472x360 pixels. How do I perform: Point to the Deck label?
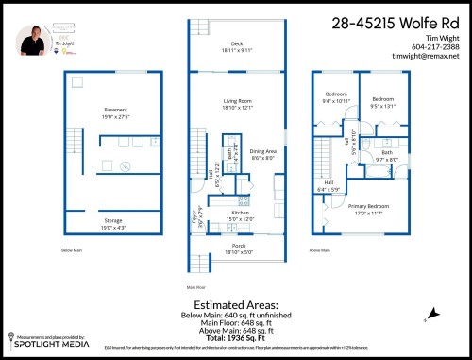237,43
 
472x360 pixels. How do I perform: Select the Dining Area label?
262,152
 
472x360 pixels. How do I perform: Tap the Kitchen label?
240,214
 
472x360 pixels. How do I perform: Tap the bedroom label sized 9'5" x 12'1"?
381,97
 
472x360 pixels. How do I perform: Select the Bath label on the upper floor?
386,152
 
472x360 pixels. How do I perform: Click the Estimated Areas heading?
237,306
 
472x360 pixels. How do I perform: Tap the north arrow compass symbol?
434,313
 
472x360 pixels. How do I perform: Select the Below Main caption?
73,250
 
